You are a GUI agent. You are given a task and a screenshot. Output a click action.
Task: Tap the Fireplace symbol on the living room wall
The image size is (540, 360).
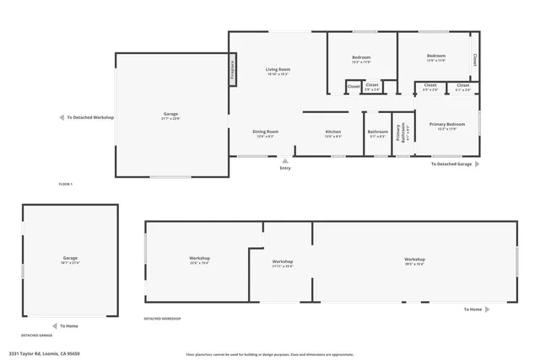pyautogui.click(x=232, y=71)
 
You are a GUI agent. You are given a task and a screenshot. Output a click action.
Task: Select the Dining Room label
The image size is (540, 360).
pyautogui.click(x=265, y=132)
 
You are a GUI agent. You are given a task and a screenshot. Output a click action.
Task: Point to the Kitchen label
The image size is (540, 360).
pyautogui.click(x=333, y=132)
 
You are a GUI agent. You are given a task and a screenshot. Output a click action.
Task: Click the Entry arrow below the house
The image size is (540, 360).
pyautogui.click(x=285, y=160)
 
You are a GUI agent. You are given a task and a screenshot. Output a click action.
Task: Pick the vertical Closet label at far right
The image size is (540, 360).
pyautogui.click(x=475, y=61)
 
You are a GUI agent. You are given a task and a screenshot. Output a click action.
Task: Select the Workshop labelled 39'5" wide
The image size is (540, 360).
pyautogui.click(x=414, y=259)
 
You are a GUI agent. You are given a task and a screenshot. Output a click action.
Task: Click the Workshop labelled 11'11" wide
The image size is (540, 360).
pyautogui.click(x=283, y=261)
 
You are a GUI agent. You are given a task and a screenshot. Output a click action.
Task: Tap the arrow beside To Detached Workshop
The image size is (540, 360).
pyautogui.click(x=61, y=118)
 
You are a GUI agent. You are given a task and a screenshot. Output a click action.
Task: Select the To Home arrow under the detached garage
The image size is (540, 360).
pyautogui.click(x=53, y=325)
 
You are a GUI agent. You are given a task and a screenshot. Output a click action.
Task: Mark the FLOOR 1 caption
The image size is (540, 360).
pyautogui.click(x=66, y=184)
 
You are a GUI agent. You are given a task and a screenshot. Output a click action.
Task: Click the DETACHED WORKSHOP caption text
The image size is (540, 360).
pyautogui.click(x=162, y=319)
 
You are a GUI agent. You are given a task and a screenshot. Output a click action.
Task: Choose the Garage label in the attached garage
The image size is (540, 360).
pyautogui.click(x=170, y=114)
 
